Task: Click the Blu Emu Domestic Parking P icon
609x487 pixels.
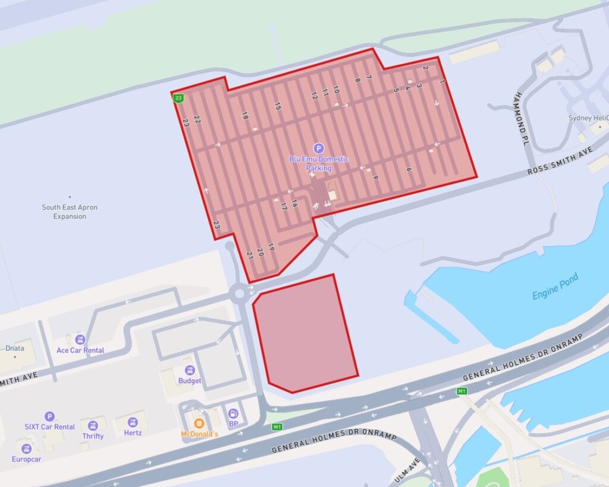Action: (x=318, y=148)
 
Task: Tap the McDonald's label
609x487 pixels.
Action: (x=200, y=434)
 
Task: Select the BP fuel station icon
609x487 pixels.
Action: (x=233, y=413)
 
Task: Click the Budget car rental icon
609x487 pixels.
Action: (x=190, y=370)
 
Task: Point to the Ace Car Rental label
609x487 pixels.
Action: (x=80, y=350)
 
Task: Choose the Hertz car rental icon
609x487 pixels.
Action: (x=133, y=422)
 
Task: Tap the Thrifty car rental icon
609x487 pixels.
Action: (x=93, y=425)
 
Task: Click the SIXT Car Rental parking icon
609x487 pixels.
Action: (x=49, y=416)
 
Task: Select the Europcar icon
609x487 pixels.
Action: (x=26, y=449)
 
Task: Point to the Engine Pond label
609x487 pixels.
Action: (x=555, y=287)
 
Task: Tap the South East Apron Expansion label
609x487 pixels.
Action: (x=70, y=212)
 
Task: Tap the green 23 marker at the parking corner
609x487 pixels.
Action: (x=178, y=98)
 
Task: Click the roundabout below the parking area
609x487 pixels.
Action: (x=240, y=293)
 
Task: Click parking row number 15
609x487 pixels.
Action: (x=278, y=106)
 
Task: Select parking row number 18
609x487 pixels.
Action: (x=244, y=117)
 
